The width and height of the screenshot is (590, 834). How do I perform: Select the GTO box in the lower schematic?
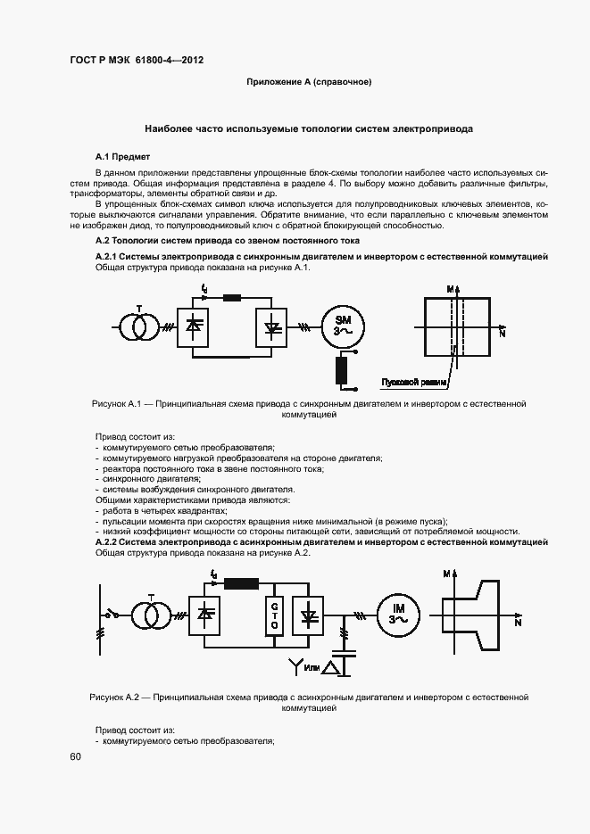click(273, 615)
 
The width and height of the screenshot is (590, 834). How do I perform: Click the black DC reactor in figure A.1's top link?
click(233, 297)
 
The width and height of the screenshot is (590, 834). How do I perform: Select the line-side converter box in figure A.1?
click(194, 326)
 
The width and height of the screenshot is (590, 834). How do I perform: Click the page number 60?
click(75, 756)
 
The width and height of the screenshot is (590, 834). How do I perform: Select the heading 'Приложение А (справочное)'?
click(309, 82)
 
